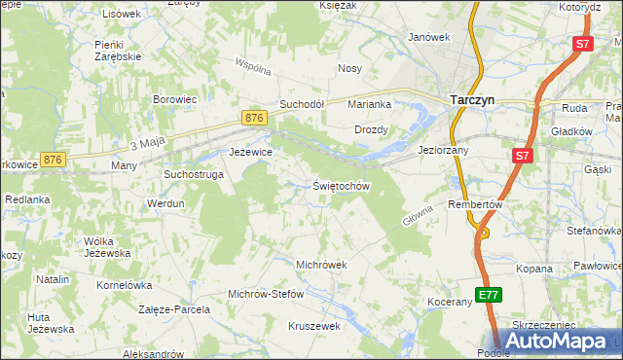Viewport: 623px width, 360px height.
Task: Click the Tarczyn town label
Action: click(x=474, y=99)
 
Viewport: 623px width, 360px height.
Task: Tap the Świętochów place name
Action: click(x=341, y=186)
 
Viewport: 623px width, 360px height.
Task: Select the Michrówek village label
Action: click(x=321, y=265)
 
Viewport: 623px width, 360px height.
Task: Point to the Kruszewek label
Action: click(x=313, y=327)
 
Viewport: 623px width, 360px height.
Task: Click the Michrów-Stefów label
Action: click(x=266, y=294)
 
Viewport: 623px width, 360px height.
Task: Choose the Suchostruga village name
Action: click(x=194, y=174)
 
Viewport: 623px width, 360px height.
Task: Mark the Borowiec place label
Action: click(x=175, y=99)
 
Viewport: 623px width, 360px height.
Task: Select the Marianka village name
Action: click(x=370, y=104)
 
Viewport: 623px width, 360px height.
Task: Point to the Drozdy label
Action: click(x=372, y=129)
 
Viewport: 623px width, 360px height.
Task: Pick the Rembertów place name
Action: click(x=474, y=205)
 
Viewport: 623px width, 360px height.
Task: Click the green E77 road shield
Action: click(x=489, y=294)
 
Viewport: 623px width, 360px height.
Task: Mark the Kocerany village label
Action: click(x=449, y=303)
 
